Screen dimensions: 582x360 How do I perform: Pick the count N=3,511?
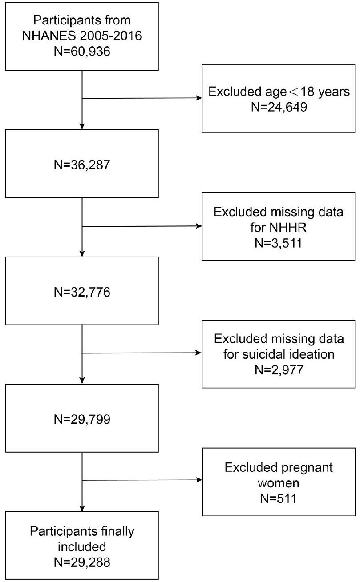click(x=279, y=242)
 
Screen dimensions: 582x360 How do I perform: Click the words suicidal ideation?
click(x=279, y=355)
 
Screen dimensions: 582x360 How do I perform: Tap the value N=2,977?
click(x=279, y=370)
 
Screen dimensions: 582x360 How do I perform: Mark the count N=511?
click(x=279, y=498)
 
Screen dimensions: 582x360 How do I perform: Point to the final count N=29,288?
click(x=82, y=562)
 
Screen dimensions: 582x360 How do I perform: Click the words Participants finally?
click(x=82, y=530)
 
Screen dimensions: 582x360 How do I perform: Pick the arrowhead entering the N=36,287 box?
click(x=82, y=126)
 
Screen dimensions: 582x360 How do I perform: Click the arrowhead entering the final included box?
click(x=82, y=508)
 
